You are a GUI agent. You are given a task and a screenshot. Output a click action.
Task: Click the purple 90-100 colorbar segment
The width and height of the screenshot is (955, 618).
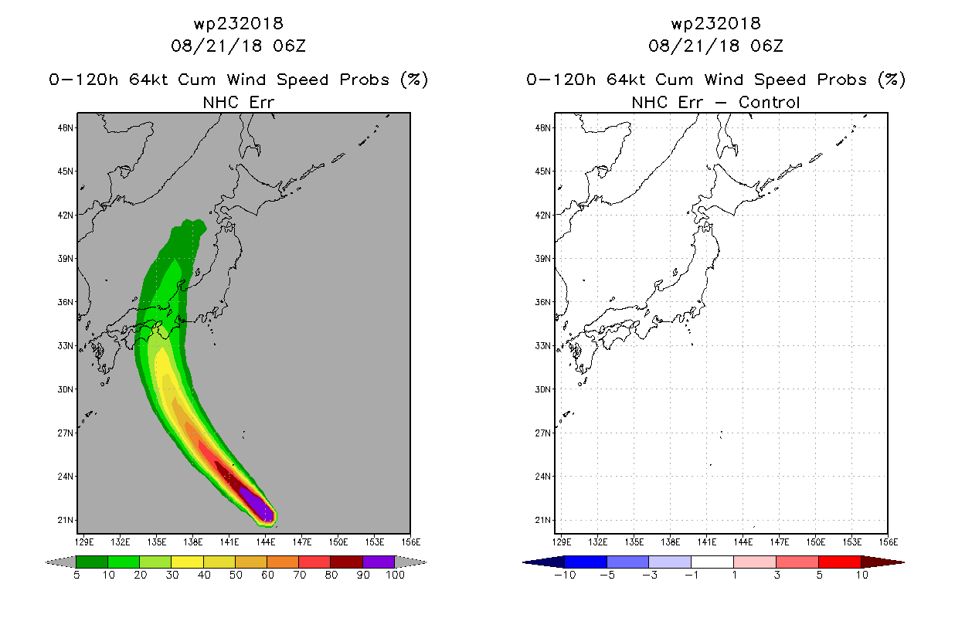pos(379,562)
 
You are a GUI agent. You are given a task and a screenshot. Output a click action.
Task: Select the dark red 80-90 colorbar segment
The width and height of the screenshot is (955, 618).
pos(347,562)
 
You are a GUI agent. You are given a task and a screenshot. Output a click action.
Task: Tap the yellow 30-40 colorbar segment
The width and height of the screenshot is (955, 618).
pos(188,562)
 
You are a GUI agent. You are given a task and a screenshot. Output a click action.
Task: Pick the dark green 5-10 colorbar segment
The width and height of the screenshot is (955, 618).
pos(92,562)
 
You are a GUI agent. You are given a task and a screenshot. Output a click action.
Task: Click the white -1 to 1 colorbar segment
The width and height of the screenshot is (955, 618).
pos(712,562)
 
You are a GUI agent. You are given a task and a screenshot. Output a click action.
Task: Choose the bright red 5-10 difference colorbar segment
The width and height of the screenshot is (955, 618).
pos(840,562)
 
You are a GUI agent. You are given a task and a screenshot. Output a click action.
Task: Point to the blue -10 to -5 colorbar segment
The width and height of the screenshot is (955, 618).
pos(586,562)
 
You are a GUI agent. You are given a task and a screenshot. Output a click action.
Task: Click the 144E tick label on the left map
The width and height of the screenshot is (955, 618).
pos(266,542)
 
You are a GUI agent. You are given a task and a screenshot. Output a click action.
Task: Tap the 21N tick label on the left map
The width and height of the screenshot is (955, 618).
pos(66,520)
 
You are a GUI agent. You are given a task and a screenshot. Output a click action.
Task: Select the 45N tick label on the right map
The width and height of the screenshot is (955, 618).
pos(543,171)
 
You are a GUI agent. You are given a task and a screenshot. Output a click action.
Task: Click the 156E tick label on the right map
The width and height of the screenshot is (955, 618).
pos(889,542)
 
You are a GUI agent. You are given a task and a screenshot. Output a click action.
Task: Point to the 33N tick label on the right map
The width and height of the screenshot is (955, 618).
pos(543,345)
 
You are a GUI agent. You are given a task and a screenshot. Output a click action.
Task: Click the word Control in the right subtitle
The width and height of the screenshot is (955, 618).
pos(769,103)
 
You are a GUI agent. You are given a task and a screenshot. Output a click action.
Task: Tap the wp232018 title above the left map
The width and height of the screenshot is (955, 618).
pos(239,24)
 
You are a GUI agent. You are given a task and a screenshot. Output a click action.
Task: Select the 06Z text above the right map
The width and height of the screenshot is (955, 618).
pos(767,46)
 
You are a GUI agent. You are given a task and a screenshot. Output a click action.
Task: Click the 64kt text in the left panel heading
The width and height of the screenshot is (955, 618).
pos(149,80)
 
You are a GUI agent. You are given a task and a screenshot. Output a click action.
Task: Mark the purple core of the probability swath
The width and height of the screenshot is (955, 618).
pos(257,505)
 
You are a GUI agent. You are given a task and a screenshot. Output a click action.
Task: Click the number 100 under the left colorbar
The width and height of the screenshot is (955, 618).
pos(396,575)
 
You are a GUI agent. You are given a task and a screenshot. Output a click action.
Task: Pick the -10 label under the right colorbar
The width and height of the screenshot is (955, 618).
pos(565,575)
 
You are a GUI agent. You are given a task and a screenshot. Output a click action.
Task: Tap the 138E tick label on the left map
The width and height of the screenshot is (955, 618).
pos(192,542)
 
